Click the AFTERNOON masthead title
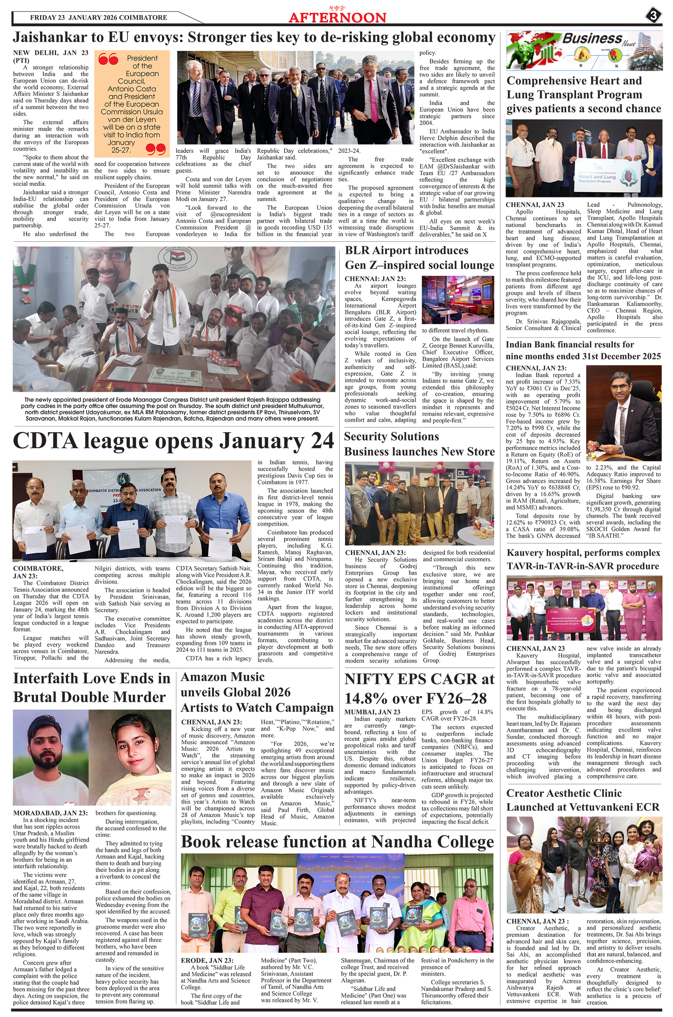(337, 17)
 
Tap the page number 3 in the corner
(653, 16)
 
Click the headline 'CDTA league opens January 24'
(173, 441)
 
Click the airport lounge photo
(458, 300)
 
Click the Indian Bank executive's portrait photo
(624, 412)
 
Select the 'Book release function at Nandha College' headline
(337, 842)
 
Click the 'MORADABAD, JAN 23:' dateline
(50, 813)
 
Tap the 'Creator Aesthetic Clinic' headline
(563, 793)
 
